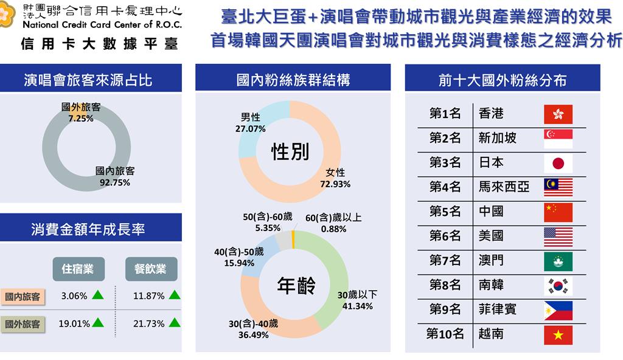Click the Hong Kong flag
click(558, 114)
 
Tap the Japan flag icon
click(558, 163)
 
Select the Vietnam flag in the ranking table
click(558, 334)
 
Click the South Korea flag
click(558, 285)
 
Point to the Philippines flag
click(558, 310)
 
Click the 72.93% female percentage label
click(335, 184)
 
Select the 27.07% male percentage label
click(250, 129)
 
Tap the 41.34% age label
click(357, 306)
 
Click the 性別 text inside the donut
click(290, 152)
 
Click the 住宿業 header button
click(78, 269)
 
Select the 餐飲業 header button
click(151, 269)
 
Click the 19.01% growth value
click(74, 324)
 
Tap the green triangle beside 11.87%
click(174, 295)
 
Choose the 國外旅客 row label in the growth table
click(23, 324)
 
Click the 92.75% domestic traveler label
click(115, 182)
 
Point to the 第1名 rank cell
click(445, 114)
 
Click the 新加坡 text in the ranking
click(498, 138)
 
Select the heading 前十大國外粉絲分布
click(503, 80)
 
